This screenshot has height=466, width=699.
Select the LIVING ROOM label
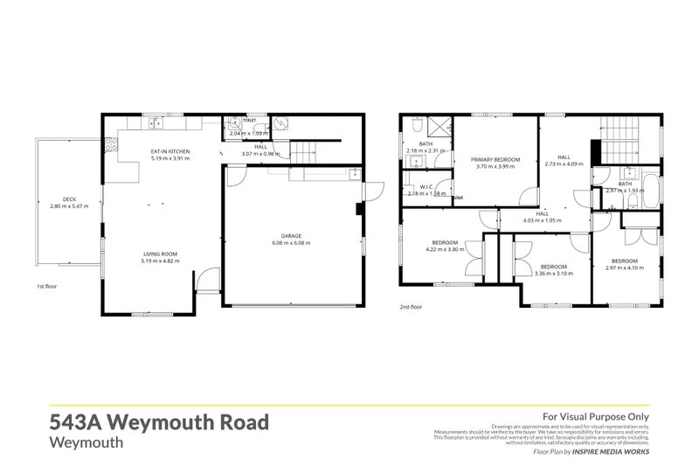coord(160,254)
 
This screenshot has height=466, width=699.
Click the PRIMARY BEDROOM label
coord(495,159)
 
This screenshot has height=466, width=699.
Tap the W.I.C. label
coord(426,186)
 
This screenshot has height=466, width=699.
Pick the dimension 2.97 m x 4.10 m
coord(624,268)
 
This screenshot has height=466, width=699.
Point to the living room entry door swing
coord(203,281)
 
